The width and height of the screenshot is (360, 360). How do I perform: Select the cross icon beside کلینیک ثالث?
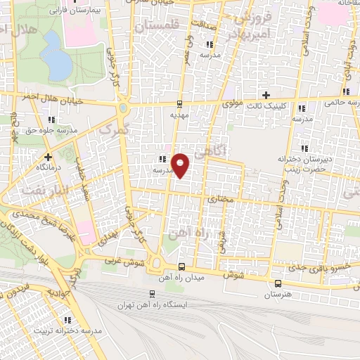point(266,95)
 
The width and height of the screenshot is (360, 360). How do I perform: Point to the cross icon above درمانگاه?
point(48,157)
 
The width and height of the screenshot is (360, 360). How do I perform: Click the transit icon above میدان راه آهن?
point(182,267)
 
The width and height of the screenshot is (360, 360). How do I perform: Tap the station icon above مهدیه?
point(180,102)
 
